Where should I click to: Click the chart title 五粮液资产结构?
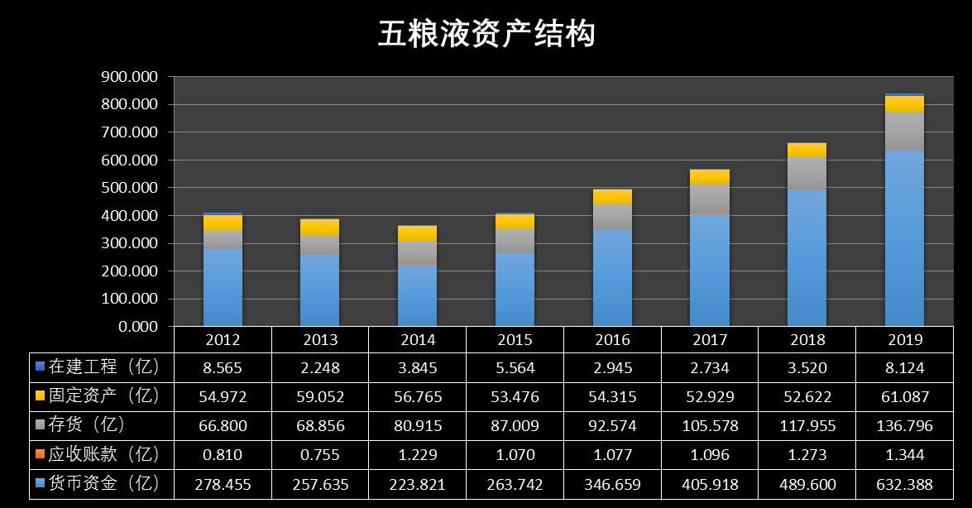click(x=486, y=35)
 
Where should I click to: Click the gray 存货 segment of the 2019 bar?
click(x=904, y=131)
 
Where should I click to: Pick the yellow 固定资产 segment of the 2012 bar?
click(x=223, y=223)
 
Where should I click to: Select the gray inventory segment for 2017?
click(x=709, y=199)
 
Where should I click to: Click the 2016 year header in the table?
click(x=612, y=339)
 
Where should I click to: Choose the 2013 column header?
click(x=320, y=339)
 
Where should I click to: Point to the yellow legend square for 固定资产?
click(x=39, y=395)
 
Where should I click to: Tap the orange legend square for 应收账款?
click(x=39, y=453)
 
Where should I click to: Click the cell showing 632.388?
click(x=905, y=483)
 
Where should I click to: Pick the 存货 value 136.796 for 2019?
click(x=905, y=425)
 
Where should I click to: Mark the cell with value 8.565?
click(x=223, y=367)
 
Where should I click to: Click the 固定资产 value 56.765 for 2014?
click(x=418, y=396)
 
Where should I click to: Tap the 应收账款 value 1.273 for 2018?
click(x=807, y=454)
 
